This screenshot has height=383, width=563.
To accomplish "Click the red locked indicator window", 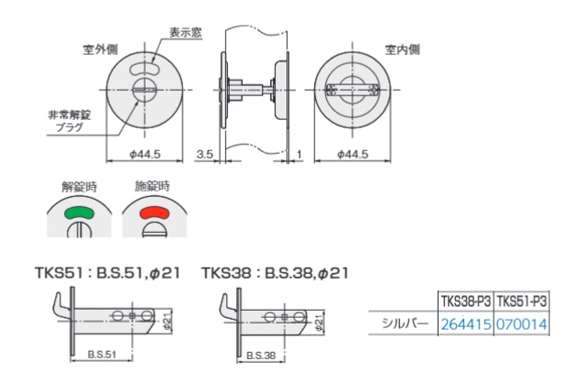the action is (x=155, y=213).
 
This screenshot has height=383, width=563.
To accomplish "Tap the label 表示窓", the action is (x=186, y=32).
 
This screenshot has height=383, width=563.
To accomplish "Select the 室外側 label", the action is (x=100, y=49).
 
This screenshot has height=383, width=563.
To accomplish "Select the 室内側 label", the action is (x=402, y=49).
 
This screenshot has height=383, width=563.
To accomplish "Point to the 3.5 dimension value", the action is (x=205, y=154).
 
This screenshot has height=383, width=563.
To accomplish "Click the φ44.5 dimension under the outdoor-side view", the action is (x=145, y=154).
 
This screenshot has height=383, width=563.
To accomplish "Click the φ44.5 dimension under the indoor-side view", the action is (x=352, y=154).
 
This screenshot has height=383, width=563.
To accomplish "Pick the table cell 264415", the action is (x=466, y=324).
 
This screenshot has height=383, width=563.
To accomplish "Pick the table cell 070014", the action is (x=522, y=324).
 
